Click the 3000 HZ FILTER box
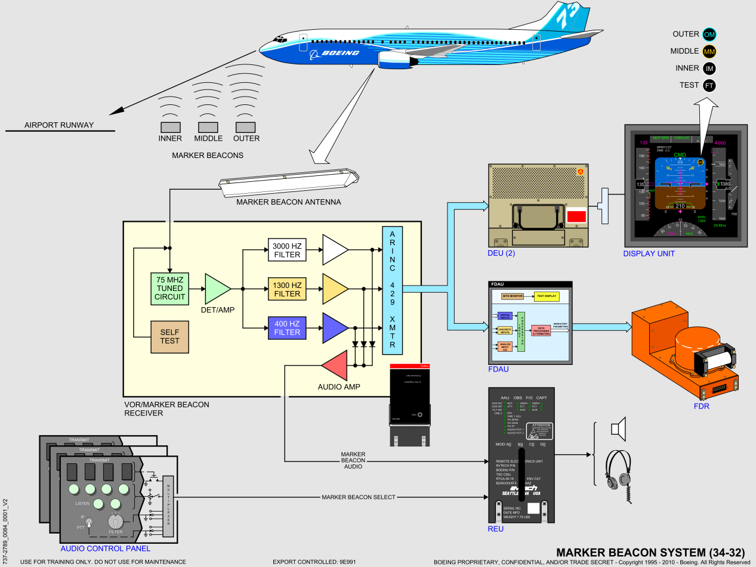286,250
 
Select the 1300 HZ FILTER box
286,289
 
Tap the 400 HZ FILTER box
286,327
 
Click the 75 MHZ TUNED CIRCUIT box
170,288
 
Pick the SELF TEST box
170,336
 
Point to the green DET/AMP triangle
217,289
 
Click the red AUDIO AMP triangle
335,365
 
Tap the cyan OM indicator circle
709,34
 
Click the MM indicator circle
709,51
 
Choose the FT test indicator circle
709,85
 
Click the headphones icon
620,471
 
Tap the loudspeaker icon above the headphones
634,429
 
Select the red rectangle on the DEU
576,217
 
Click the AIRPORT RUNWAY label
58,125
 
